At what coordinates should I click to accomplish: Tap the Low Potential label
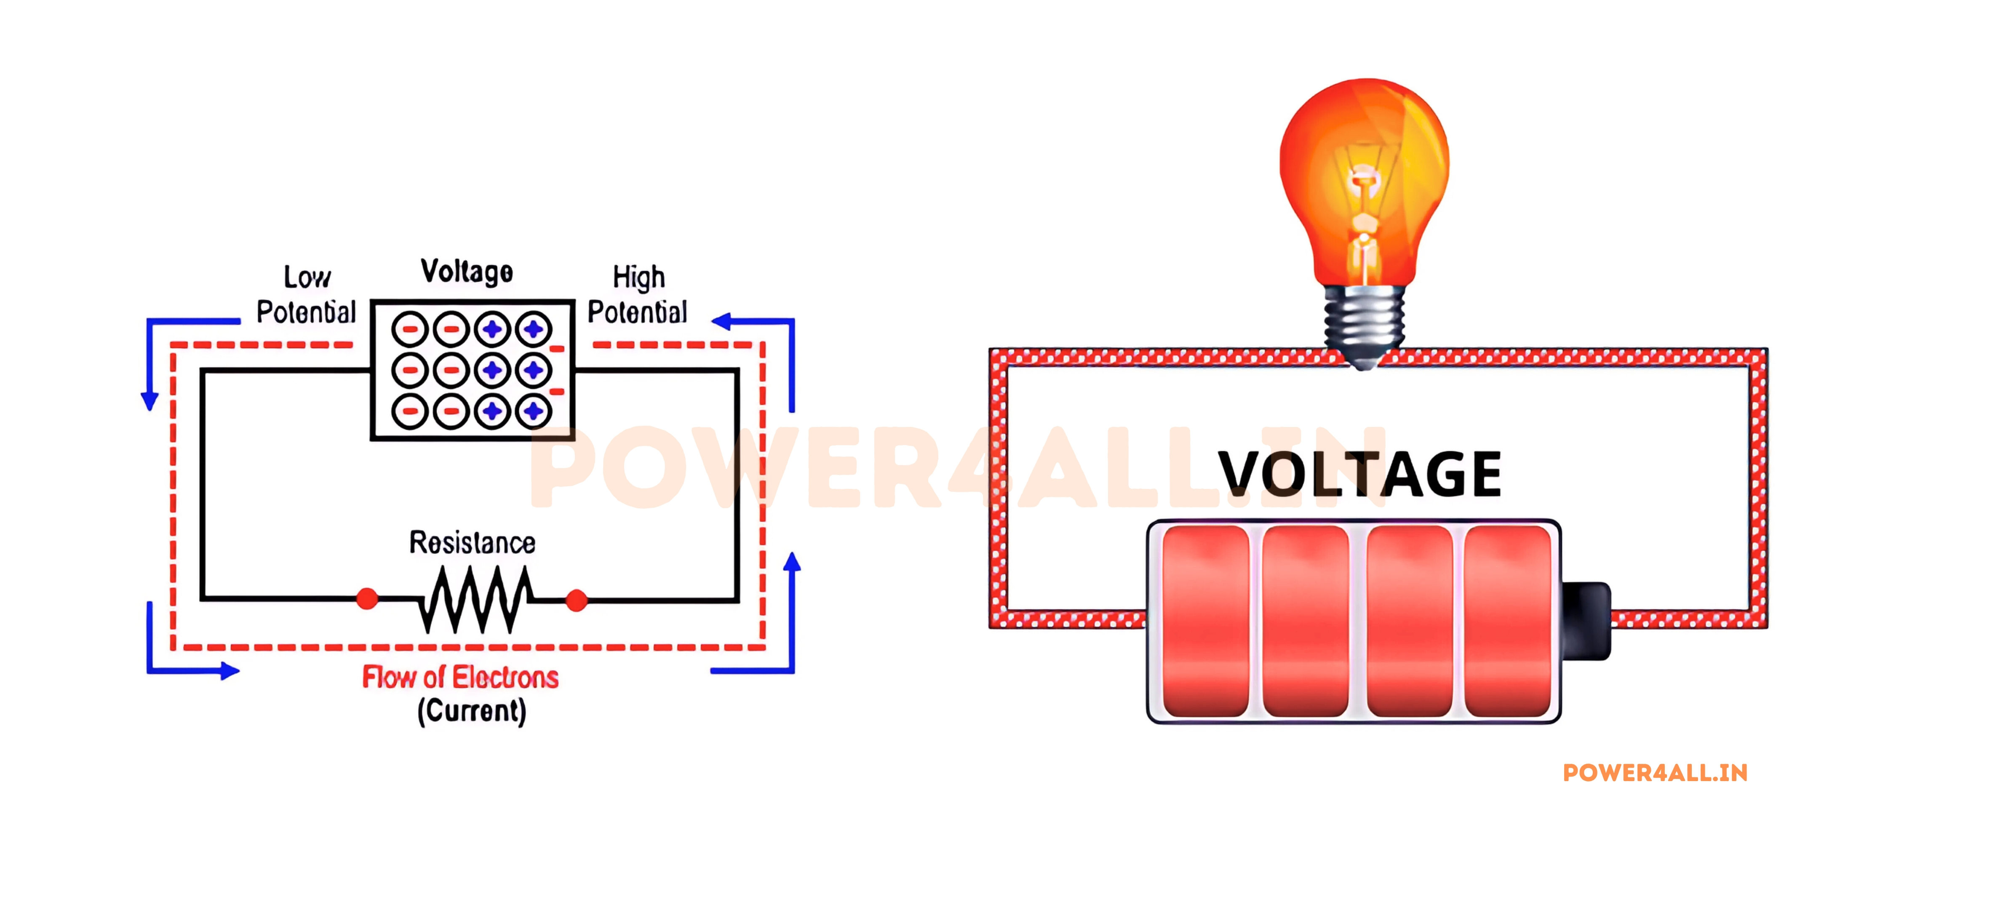coord(307,295)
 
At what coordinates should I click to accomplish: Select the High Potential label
coord(637,295)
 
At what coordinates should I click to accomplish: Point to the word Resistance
coord(472,543)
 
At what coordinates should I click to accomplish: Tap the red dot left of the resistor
coord(367,598)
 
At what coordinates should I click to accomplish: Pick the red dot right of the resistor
coord(576,600)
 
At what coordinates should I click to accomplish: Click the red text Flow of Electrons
coord(460,678)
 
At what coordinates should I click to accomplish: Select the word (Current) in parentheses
coord(472,711)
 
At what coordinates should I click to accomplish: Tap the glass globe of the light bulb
coord(1365,170)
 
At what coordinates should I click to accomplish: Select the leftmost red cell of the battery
coord(1206,621)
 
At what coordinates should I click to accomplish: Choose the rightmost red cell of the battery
coord(1507,621)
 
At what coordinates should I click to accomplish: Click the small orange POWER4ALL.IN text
coord(1655,773)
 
